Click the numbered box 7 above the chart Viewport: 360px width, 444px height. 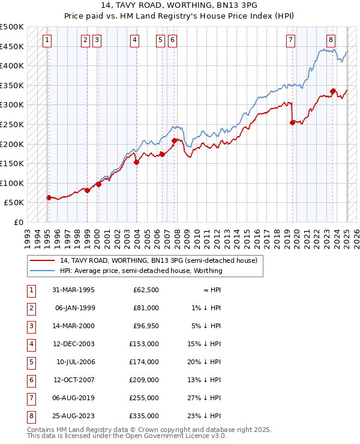290,40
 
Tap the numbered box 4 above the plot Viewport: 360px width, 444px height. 134,40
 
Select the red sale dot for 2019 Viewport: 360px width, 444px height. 292,122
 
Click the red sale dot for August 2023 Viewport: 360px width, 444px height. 332,91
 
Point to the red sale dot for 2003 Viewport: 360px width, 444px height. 136,162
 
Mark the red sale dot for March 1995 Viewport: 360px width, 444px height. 49,197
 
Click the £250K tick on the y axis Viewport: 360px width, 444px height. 12,124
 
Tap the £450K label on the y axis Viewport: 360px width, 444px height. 12,46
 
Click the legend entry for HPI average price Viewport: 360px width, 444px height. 141,271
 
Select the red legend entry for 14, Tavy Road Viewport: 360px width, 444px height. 158,260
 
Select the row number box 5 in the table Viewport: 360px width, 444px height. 30,362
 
